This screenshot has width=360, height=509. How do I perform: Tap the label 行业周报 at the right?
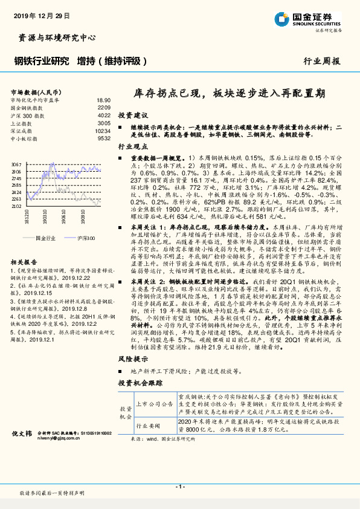tap(321, 61)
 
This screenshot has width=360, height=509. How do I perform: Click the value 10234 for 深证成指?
tap(103, 131)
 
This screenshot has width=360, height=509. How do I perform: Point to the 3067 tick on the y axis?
tap(18, 164)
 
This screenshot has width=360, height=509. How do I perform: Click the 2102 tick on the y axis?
tap(18, 206)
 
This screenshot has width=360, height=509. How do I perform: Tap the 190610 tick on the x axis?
tap(64, 216)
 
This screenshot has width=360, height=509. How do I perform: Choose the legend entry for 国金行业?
tap(50, 238)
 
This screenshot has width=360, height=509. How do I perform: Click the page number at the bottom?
tap(179, 486)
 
